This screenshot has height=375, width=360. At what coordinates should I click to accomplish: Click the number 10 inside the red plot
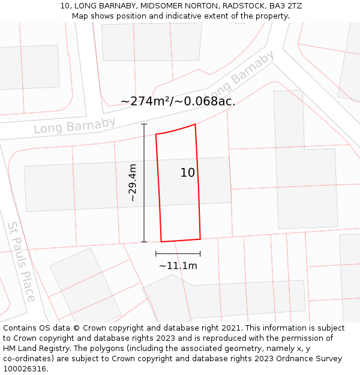[x=188, y=173]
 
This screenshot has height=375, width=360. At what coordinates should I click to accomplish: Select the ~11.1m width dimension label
[x=178, y=266]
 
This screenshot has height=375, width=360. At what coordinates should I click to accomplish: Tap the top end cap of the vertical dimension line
[x=144, y=124]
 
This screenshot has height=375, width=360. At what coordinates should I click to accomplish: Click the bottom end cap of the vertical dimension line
[x=144, y=242]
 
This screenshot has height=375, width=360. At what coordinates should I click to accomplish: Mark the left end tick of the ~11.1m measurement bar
[x=156, y=254]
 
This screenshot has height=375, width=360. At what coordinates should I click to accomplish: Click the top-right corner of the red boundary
[x=196, y=124]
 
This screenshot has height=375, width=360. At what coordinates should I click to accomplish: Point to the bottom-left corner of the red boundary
[x=161, y=242]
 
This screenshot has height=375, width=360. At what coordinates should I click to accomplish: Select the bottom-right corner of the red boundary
[x=200, y=239]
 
